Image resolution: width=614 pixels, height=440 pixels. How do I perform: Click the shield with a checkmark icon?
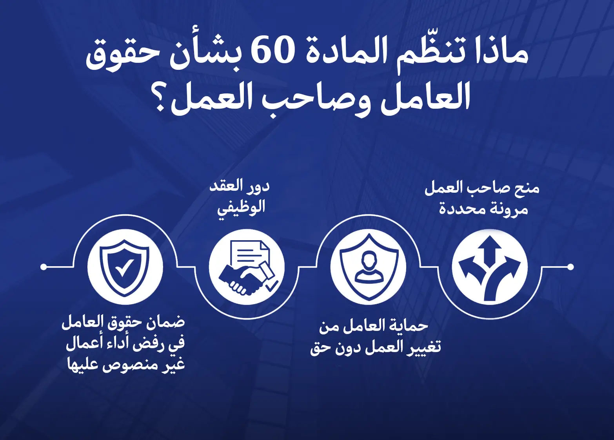125,267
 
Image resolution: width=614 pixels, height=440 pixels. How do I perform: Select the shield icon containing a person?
368,267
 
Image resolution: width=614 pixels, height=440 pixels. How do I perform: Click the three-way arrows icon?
490,267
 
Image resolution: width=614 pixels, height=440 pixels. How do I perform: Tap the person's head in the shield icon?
369,259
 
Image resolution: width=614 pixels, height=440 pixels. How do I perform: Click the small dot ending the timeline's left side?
44,267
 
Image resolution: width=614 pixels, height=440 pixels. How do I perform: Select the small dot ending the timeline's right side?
570,267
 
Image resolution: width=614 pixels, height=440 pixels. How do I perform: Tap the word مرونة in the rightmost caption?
509,209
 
